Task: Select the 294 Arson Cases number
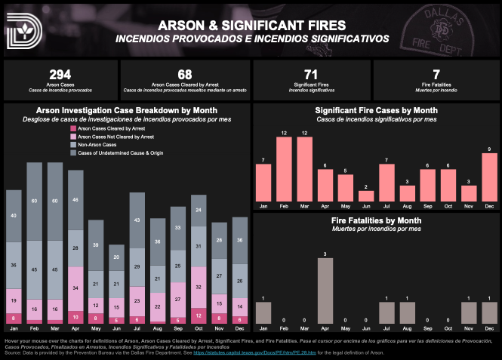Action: point(60,74)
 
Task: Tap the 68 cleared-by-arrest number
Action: point(185,74)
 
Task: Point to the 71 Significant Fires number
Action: point(310,74)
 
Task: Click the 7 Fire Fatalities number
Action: point(436,74)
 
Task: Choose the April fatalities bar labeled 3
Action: point(325,291)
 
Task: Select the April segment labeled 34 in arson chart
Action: point(76,288)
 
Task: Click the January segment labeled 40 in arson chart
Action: point(14,215)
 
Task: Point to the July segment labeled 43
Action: point(137,220)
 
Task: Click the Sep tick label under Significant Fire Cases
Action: point(427,206)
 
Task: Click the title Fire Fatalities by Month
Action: point(375,220)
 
